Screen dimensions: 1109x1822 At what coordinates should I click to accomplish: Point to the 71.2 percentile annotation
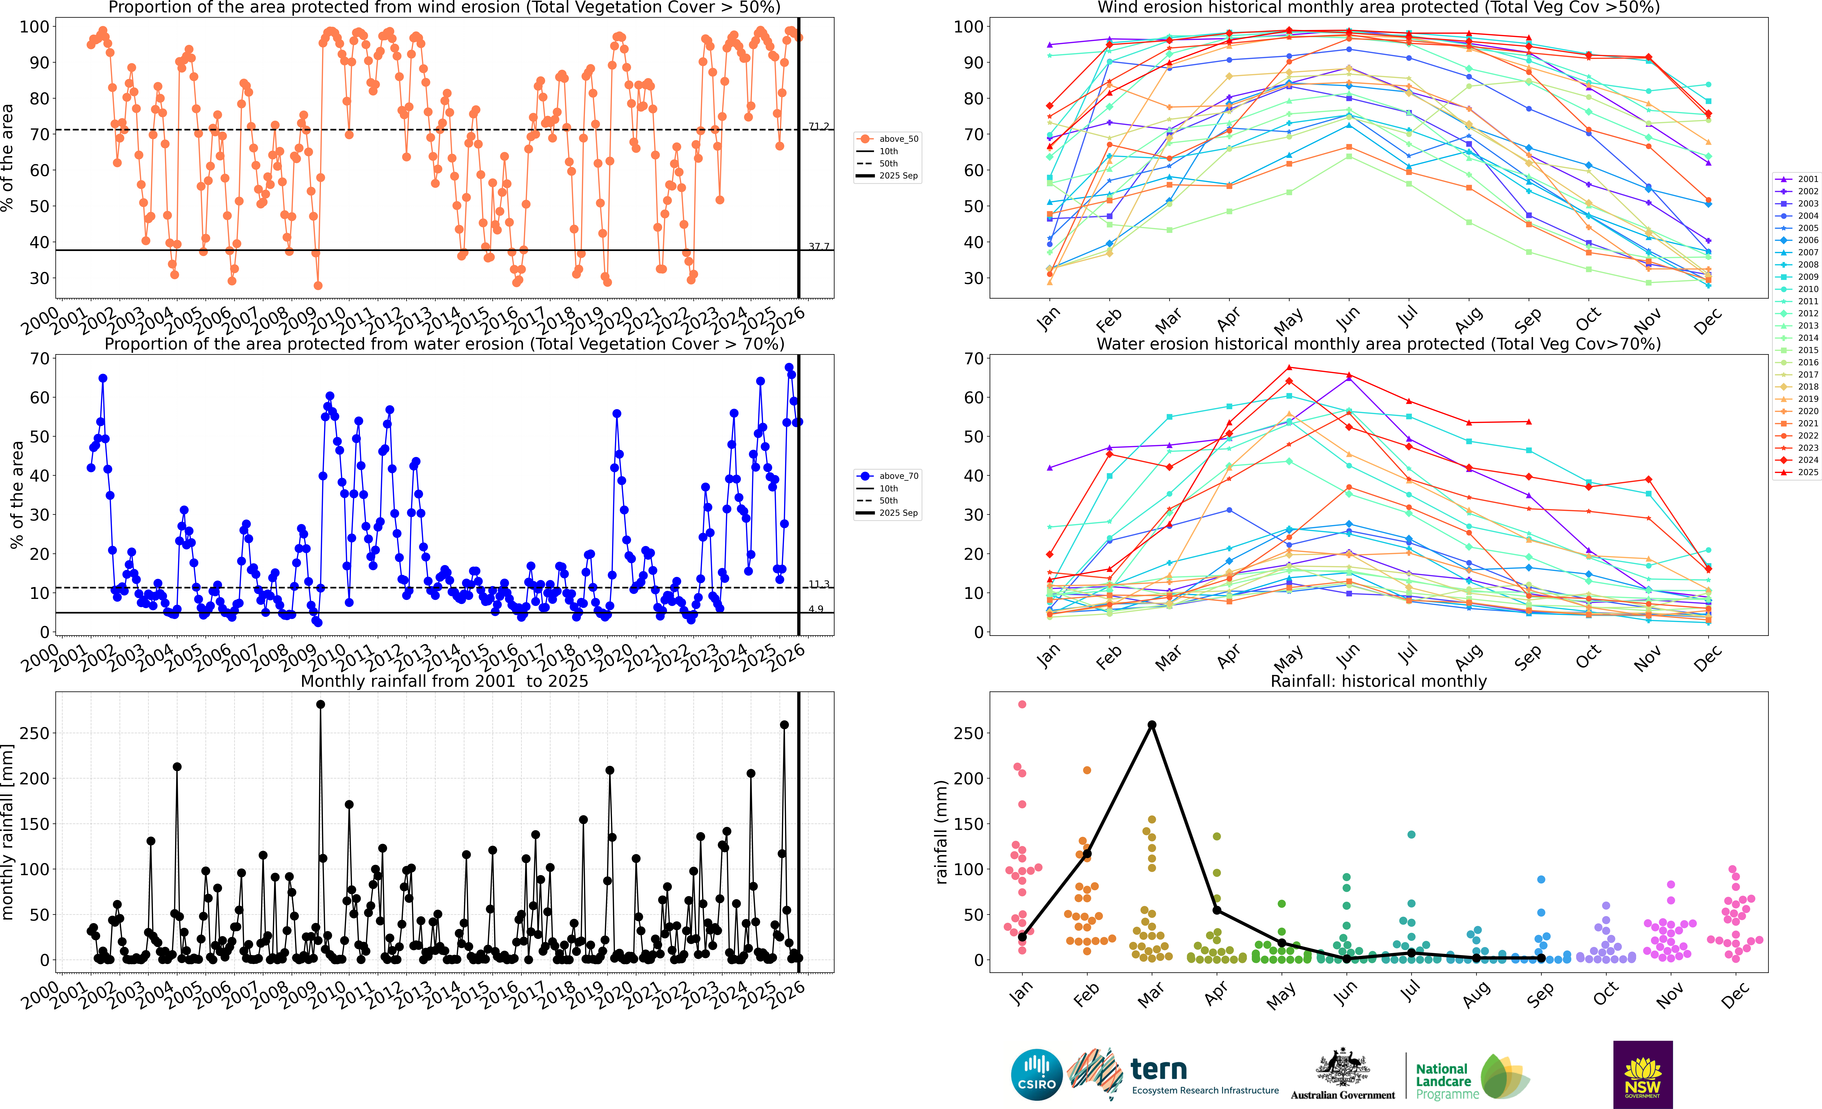pyautogui.click(x=819, y=126)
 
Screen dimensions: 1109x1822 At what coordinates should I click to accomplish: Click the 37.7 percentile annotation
pyautogui.click(x=819, y=246)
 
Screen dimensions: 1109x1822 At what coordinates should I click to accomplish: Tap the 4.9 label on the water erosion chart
pyautogui.click(x=816, y=609)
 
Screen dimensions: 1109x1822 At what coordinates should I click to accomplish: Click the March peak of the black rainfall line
pyautogui.click(x=1151, y=724)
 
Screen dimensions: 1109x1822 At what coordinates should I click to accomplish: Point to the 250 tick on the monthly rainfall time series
pyautogui.click(x=35, y=733)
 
